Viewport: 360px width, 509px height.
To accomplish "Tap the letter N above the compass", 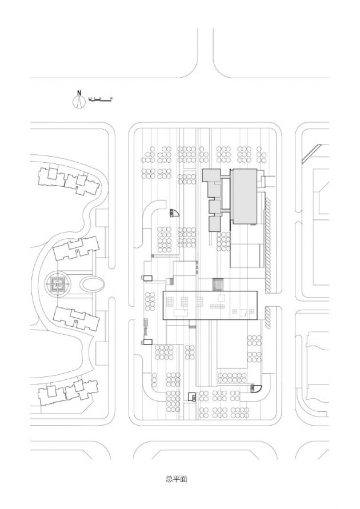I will [x=79, y=93].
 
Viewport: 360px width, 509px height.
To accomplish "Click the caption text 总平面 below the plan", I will [x=177, y=479].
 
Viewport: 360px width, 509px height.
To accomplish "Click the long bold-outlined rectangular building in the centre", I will [x=210, y=304].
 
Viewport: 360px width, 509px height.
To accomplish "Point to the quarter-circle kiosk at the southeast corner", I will [x=255, y=389].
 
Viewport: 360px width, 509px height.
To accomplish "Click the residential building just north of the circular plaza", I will [x=76, y=249].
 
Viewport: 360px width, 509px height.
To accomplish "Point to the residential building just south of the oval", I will [x=76, y=318].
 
